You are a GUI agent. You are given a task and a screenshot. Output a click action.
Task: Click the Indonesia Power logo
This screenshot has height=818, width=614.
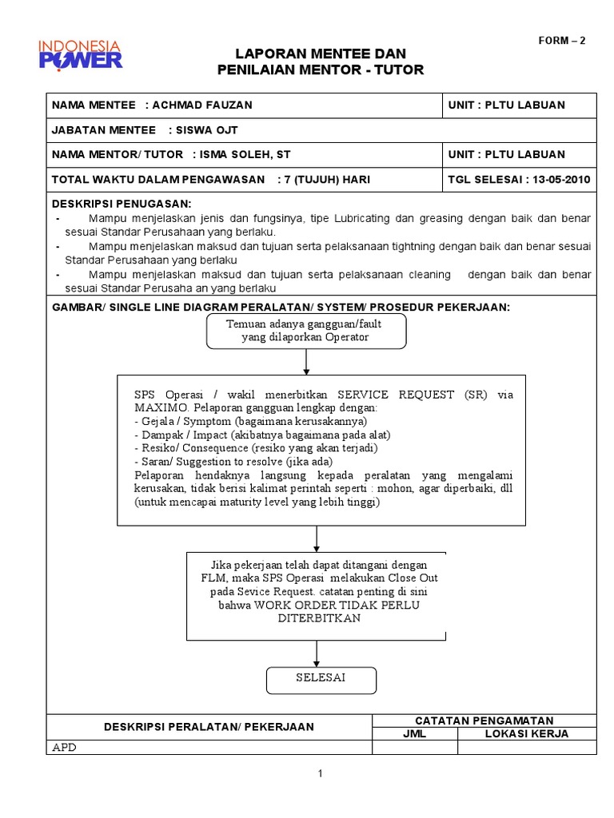pos(81,52)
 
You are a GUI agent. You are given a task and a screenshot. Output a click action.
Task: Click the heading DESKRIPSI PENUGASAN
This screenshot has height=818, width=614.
pos(122,204)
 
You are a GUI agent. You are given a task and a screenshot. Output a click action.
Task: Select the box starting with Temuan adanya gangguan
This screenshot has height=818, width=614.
pos(306,331)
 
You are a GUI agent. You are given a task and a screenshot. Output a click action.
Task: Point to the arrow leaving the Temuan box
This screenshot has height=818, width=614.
pos(306,362)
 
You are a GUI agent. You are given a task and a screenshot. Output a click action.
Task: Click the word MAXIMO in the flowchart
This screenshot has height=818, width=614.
pos(161,408)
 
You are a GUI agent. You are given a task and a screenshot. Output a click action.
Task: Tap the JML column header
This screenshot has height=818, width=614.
pos(416,733)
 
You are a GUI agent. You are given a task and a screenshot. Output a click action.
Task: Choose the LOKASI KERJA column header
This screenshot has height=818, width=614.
pos(527,733)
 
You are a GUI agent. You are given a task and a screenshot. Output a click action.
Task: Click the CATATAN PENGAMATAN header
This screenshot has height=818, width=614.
pos(484,721)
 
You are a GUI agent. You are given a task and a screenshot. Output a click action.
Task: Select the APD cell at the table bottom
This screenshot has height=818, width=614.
pos(63,748)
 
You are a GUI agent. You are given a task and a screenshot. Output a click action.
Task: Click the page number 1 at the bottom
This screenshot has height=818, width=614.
pos(320,773)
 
